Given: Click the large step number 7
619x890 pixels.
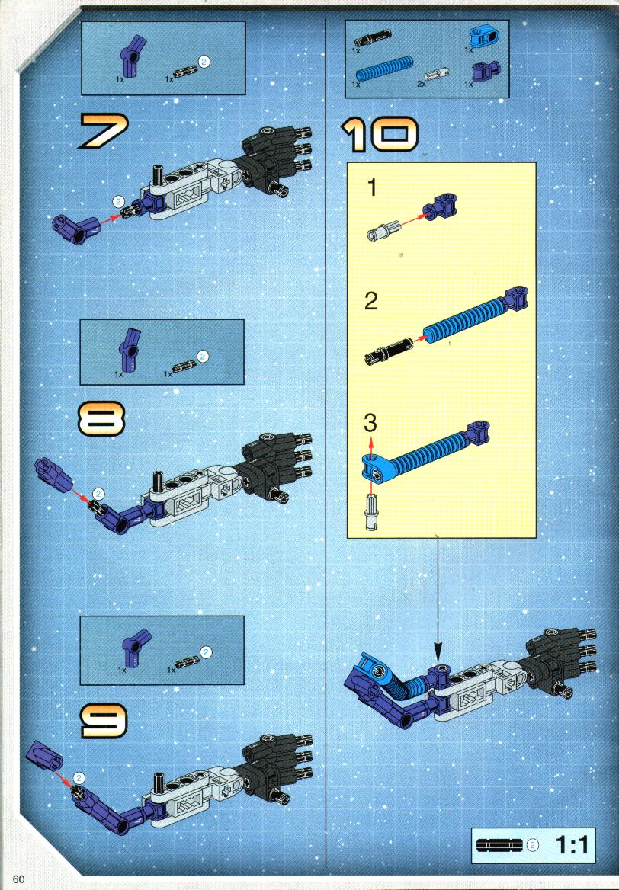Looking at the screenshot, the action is tap(104, 130).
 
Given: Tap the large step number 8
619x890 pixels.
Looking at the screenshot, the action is tap(101, 418).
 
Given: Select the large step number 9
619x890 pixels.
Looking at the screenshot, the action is tap(104, 720).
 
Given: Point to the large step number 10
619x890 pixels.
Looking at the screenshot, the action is tap(380, 135).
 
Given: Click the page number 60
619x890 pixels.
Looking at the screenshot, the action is tap(19, 879).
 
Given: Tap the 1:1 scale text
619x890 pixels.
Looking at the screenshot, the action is tap(572, 845).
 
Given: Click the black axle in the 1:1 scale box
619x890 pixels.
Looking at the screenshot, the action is tap(499, 845).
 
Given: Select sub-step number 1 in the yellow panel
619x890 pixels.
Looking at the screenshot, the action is tap(373, 188).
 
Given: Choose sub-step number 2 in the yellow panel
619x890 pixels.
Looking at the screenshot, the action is tap(370, 301).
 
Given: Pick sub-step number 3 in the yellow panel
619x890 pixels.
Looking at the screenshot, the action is tap(370, 422).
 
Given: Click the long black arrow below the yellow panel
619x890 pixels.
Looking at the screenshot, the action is tap(438, 598).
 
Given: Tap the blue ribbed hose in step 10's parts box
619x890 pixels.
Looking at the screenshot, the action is tap(384, 69).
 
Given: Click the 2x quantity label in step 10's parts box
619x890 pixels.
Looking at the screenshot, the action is tap(421, 84).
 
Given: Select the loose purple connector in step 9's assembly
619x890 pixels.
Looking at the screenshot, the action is tap(44, 755).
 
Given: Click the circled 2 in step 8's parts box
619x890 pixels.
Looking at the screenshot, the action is tap(203, 357).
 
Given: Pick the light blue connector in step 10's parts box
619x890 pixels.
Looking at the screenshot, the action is tap(480, 37).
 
